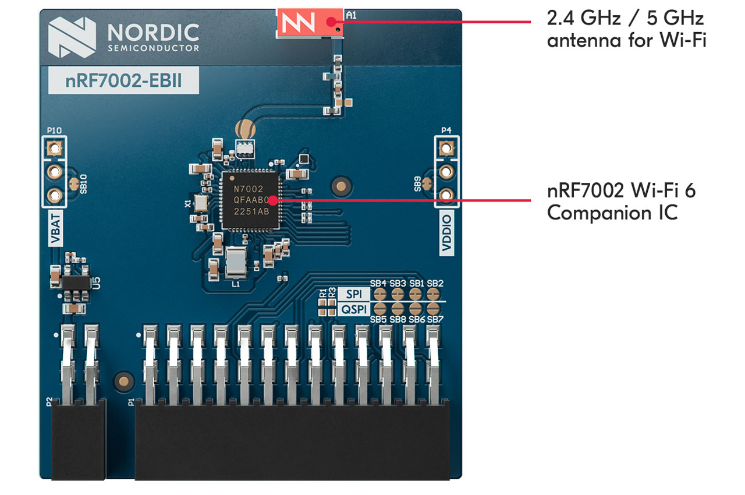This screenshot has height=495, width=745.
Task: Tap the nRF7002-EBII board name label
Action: coord(123,80)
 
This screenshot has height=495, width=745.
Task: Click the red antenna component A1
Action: coord(308,22)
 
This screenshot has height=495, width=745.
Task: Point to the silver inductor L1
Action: coord(236,262)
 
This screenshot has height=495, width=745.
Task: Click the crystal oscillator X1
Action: coord(201,203)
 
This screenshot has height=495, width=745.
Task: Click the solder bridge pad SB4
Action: coord(379,294)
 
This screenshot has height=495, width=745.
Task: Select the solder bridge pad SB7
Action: coord(433,308)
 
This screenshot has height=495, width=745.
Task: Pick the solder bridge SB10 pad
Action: coord(74,185)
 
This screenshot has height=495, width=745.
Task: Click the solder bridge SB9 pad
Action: coord(427,184)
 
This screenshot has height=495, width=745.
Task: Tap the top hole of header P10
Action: coord(55,148)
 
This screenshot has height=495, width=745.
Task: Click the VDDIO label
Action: coord(446,233)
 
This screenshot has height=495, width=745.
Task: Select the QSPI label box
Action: coord(353,310)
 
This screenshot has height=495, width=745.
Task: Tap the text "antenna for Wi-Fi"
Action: coord(626,41)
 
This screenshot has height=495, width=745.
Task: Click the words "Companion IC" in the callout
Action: coord(612,213)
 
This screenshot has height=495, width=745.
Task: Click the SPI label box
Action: coord(353,294)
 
